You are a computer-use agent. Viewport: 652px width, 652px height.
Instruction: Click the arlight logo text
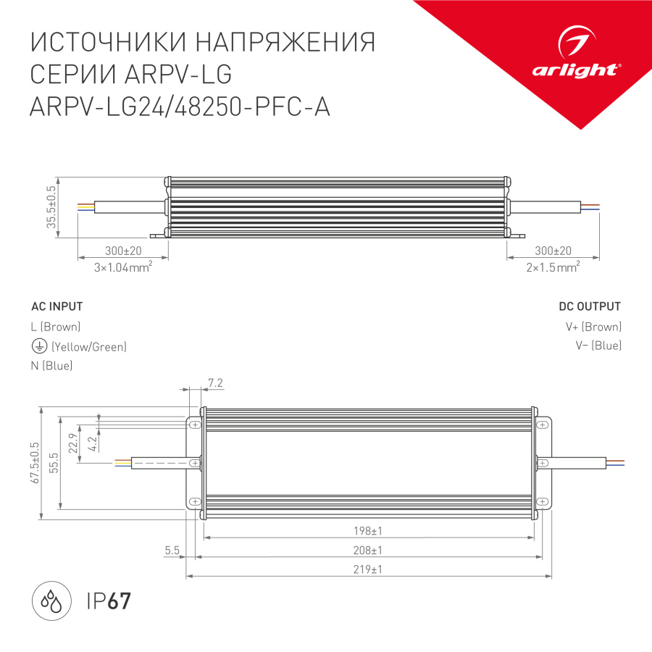[x=576, y=70]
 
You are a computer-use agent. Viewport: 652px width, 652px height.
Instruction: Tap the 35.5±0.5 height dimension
[x=51, y=208]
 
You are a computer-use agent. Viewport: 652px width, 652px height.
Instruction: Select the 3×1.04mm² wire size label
[x=122, y=267]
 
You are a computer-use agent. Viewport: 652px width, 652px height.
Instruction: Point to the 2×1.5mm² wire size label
[x=553, y=267]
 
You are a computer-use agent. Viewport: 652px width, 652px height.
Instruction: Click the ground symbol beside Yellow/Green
[x=38, y=346]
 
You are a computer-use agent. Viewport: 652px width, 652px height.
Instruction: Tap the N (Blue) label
[x=51, y=366]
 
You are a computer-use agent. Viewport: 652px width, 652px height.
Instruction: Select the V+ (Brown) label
[x=593, y=327]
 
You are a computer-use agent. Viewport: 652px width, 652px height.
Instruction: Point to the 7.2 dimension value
[x=214, y=382]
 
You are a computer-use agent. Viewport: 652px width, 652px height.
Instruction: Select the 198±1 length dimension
[x=368, y=530]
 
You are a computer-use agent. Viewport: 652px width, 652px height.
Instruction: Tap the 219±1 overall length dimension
[x=368, y=569]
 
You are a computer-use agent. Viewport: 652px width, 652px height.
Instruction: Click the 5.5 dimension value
[x=172, y=551]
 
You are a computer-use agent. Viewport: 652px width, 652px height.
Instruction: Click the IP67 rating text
[x=109, y=601]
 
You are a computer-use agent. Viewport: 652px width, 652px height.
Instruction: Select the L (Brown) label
[x=55, y=327]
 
